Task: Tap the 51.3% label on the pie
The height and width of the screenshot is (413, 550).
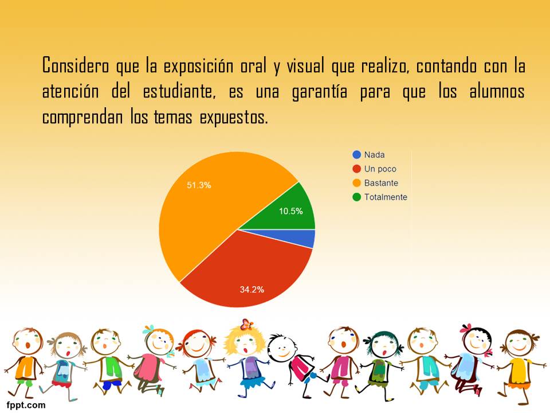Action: [x=199, y=185]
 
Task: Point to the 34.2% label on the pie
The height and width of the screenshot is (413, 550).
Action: [x=252, y=289]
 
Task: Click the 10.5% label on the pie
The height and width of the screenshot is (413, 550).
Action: [x=291, y=211]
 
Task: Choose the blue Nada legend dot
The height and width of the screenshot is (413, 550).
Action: [x=356, y=154]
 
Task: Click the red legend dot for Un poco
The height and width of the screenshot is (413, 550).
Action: [x=356, y=169]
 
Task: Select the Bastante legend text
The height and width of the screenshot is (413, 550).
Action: [x=381, y=183]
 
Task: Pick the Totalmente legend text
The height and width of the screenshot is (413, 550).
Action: [x=386, y=197]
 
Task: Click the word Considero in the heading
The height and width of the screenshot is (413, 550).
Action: [x=76, y=65]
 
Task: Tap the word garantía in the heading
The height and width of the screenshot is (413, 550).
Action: [x=320, y=91]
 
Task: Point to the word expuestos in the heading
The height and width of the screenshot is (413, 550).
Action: [x=234, y=117]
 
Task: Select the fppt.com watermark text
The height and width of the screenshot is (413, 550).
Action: [x=26, y=405]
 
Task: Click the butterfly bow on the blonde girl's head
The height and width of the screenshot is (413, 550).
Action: [x=247, y=324]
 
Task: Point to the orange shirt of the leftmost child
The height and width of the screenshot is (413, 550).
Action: [x=26, y=368]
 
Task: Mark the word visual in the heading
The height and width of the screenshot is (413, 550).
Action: [x=305, y=65]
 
